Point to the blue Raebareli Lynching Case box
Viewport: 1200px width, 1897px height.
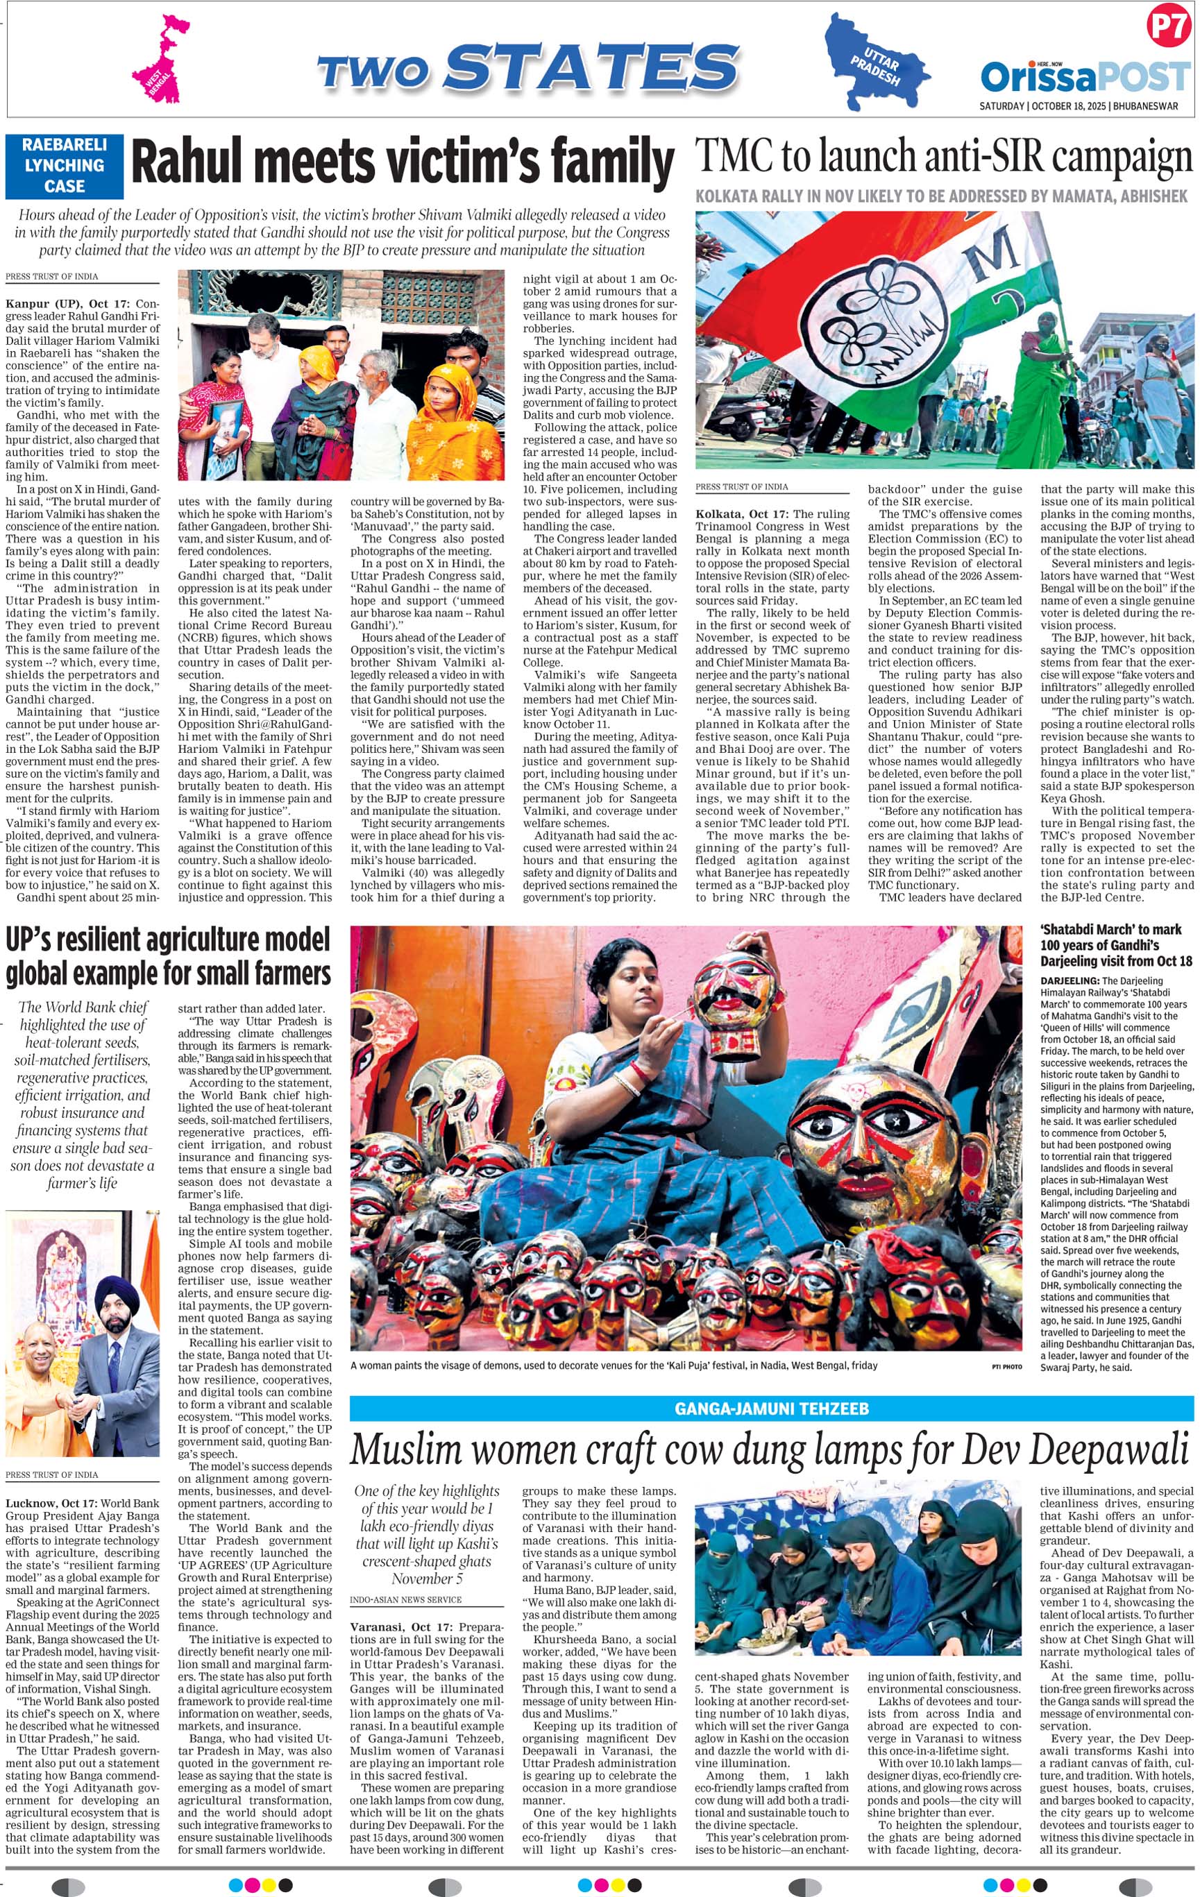(65, 165)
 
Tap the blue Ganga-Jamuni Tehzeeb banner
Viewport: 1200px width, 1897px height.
(771, 1408)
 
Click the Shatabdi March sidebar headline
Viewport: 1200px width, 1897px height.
(1116, 944)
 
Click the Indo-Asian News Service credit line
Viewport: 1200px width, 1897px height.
(406, 1599)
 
